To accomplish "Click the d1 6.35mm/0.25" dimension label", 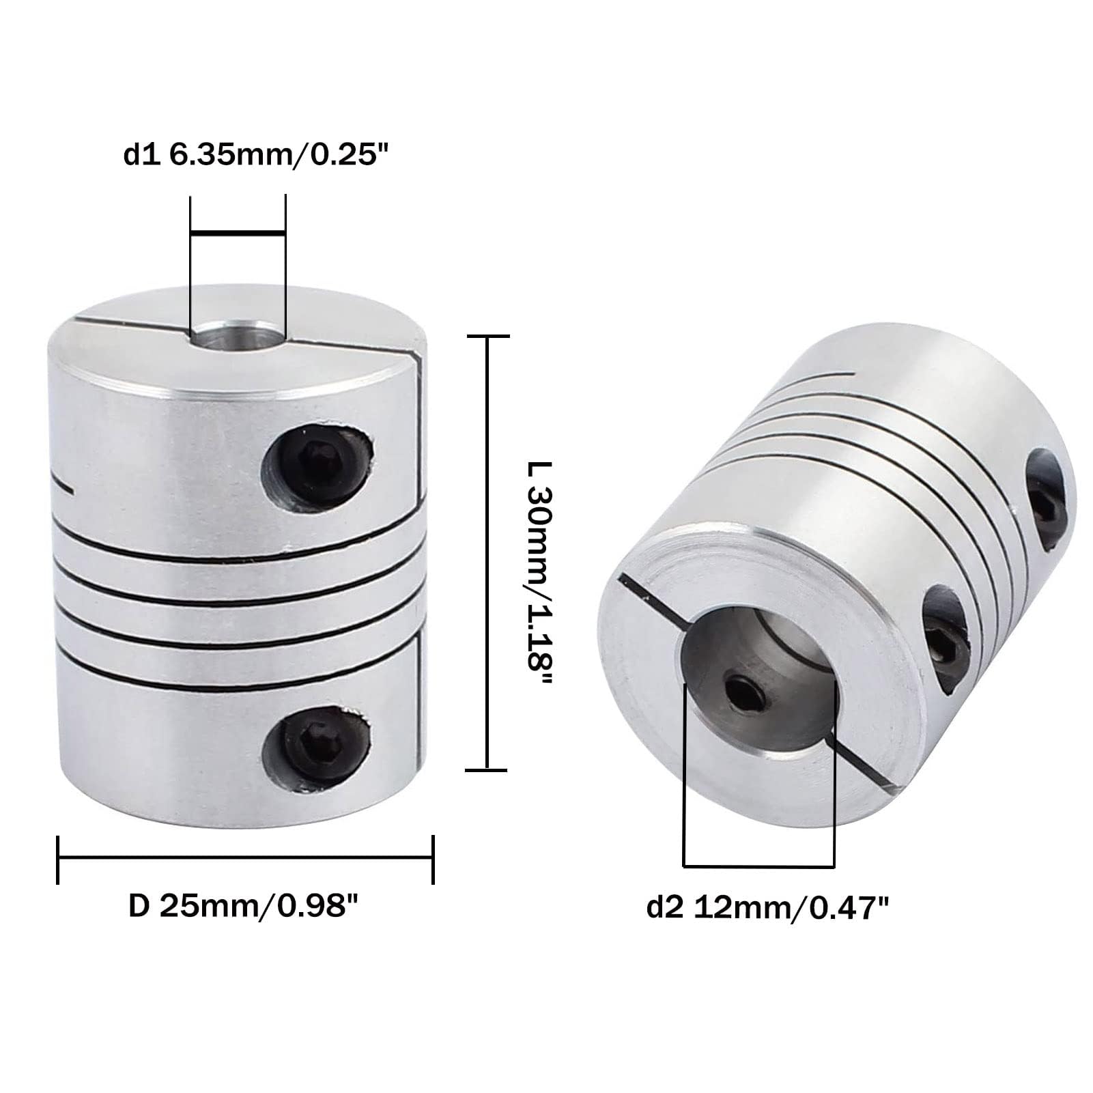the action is (259, 156).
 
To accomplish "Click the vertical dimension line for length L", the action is (487, 553).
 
